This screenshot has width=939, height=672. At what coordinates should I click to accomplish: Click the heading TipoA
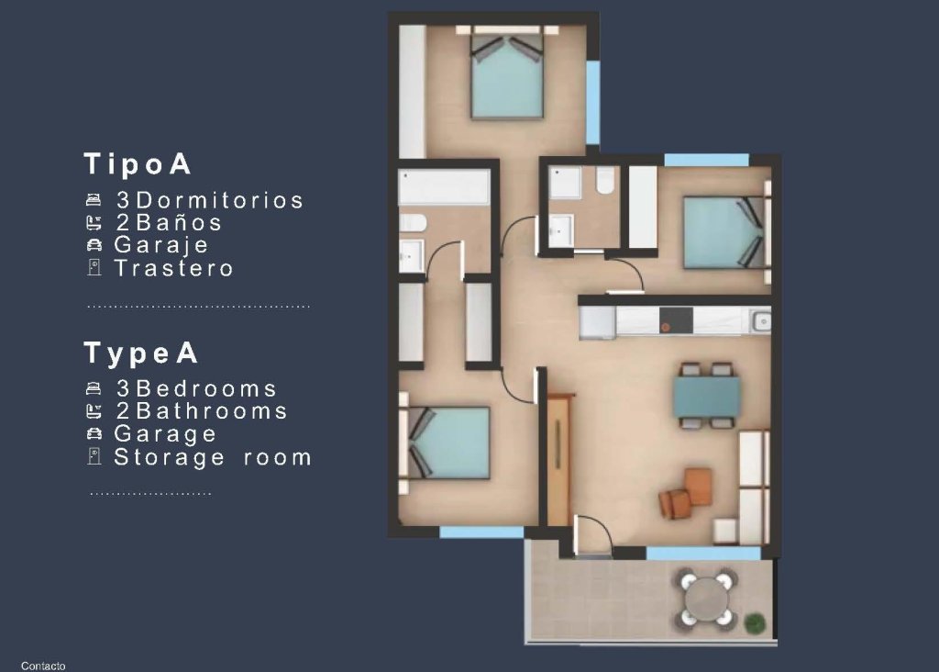click(138, 164)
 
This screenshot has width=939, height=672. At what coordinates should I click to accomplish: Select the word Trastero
click(173, 268)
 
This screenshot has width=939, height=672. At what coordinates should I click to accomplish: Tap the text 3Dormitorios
click(209, 200)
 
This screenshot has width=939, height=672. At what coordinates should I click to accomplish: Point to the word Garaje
click(161, 245)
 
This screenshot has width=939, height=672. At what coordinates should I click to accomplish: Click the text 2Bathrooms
click(202, 411)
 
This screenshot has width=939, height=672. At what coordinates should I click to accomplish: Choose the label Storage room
click(213, 457)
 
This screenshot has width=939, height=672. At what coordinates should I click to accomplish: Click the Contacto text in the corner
click(43, 666)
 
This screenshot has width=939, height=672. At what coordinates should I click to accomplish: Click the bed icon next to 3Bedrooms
click(94, 389)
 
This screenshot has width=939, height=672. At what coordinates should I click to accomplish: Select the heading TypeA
click(141, 353)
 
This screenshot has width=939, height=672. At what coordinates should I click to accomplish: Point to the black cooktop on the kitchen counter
click(676, 319)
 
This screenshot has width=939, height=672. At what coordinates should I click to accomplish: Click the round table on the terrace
click(705, 599)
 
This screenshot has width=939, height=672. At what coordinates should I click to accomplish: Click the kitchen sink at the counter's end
click(758, 320)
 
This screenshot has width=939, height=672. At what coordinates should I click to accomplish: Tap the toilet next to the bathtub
click(412, 223)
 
